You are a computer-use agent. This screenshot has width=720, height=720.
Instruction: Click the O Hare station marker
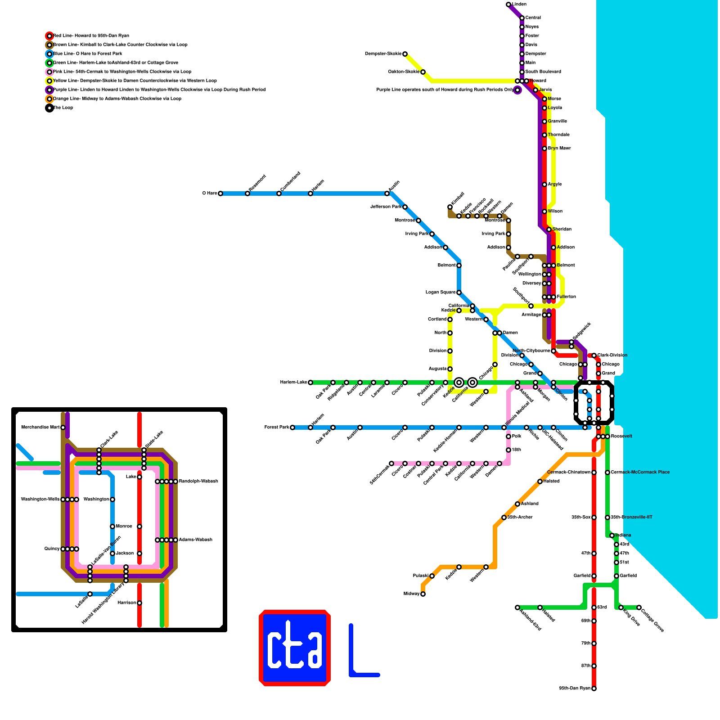pyautogui.click(x=220, y=193)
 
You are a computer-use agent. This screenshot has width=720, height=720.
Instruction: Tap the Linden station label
pyautogui.click(x=519, y=4)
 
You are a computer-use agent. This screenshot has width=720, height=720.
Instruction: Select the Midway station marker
pyautogui.click(x=423, y=594)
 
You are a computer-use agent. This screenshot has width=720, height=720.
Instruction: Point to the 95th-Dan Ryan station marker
pyautogui.click(x=594, y=688)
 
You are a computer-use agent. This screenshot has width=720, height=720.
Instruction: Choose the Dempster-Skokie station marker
pyautogui.click(x=405, y=54)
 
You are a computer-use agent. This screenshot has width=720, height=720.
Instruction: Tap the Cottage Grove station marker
pyautogui.click(x=639, y=607)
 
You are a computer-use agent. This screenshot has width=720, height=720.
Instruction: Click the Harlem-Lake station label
pyautogui.click(x=293, y=382)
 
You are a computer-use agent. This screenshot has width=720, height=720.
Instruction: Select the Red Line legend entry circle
pyautogui.click(x=49, y=36)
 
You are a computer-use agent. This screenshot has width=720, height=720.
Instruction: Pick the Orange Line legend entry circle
pyautogui.click(x=49, y=99)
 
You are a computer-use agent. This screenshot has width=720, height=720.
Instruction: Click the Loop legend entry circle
pyautogui.click(x=49, y=108)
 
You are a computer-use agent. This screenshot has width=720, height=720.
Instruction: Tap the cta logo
pyautogui.click(x=295, y=648)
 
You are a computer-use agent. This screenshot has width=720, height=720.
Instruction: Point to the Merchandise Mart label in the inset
pyautogui.click(x=40, y=427)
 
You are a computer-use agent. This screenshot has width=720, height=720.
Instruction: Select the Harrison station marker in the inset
pyautogui.click(x=139, y=603)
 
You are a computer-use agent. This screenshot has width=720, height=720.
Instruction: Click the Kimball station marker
pyautogui.click(x=450, y=207)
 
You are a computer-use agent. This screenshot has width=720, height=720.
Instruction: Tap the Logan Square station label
pyautogui.click(x=441, y=292)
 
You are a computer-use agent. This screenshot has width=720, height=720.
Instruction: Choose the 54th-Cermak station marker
pyautogui.click(x=391, y=463)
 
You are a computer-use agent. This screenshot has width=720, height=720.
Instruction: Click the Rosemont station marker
pyautogui.click(x=247, y=193)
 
